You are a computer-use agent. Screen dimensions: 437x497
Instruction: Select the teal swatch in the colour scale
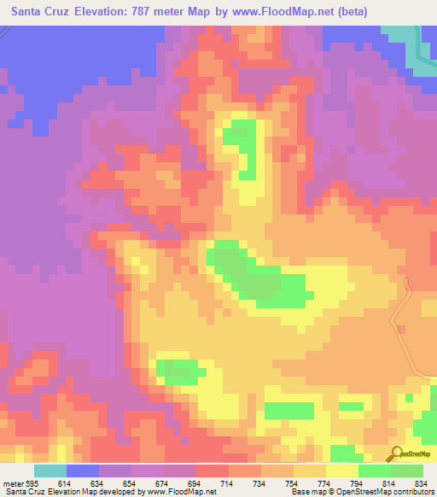coord(50,471)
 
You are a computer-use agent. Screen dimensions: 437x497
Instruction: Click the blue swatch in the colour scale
coord(83,471)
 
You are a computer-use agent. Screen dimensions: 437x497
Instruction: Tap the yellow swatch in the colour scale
coord(341,471)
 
